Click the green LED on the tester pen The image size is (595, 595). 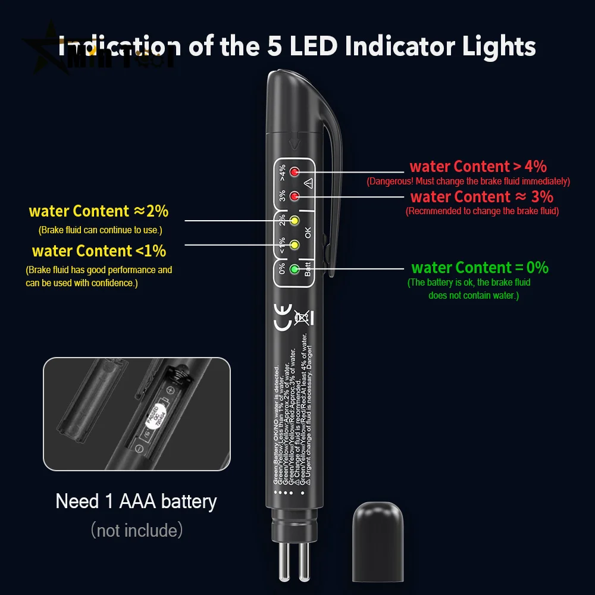pos(293,269)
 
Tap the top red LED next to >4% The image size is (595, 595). pos(293,173)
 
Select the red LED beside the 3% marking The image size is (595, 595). pos(293,196)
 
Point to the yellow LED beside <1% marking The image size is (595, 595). pos(293,244)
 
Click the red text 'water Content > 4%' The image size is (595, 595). pos(478,167)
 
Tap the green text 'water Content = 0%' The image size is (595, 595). pos(480,268)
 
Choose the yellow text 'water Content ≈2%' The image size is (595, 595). pos(99,211)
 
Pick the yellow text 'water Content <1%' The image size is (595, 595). pos(99,251)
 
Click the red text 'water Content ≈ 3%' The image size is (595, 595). pos(481,196)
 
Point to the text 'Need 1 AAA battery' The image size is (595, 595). pos(136,501)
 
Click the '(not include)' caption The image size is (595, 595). pos(136,530)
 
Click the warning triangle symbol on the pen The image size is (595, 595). pos(308,183)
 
